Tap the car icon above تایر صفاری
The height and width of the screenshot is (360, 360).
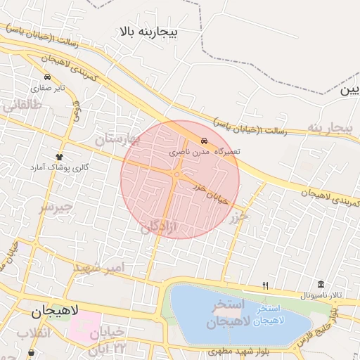tap(47, 77)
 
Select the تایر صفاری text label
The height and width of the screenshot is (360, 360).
tap(47, 89)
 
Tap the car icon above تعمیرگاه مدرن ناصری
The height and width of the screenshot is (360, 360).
tap(204, 139)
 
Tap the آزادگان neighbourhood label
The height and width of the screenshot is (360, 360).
tap(161, 226)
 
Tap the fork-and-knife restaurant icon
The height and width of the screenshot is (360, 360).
tap(265, 285)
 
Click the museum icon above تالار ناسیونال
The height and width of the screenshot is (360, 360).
tap(321, 284)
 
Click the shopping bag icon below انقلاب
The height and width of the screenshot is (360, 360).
tap(30, 352)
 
